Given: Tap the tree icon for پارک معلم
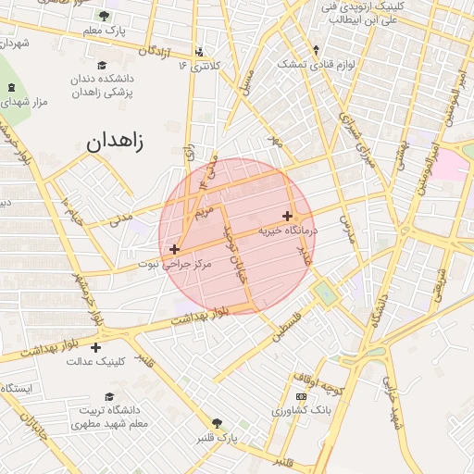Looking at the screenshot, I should pos(102,16).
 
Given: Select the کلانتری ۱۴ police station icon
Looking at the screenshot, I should pos(199,51).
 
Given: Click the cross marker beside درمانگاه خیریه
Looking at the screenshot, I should pos(288,215).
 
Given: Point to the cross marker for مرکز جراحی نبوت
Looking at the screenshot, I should pos(174,249).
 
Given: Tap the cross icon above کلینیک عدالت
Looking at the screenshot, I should pos(95,347).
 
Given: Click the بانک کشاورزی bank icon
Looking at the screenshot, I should pos(301,396).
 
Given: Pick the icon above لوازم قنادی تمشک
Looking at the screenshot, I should pos(317,50).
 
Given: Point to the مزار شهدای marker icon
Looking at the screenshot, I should pos(11,88).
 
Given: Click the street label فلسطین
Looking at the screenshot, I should pos(287,327).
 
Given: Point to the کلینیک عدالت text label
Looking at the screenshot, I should pos(95,361).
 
